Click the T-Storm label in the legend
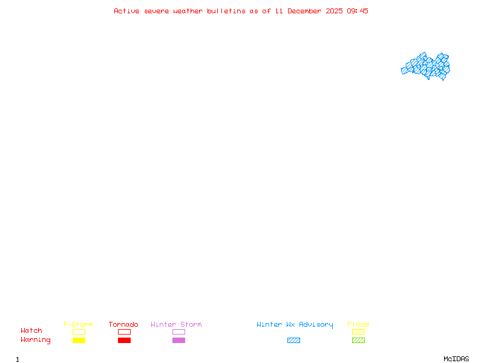point(78,325)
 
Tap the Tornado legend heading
point(123,325)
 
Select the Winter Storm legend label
point(176,325)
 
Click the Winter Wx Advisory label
point(295,325)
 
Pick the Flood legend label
point(358,325)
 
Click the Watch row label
point(31,331)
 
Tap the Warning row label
point(36,340)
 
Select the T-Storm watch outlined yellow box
point(79,332)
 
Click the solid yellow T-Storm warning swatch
point(79,340)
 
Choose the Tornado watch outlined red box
point(124,332)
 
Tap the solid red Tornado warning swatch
point(124,340)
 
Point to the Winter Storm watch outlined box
point(178,332)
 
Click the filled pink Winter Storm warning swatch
point(178,340)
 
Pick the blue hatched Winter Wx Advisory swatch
point(293,340)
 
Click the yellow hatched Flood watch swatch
point(358,332)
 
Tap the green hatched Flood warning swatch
point(358,340)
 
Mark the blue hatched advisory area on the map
point(426,66)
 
